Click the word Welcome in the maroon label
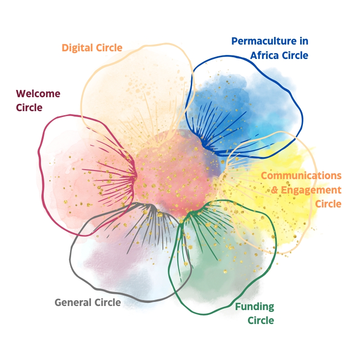38,94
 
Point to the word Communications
301,175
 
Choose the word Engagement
311,190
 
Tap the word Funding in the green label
255,307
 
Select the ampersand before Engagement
275,190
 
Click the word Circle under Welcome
29,108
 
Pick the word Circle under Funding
261,320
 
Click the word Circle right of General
108,302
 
